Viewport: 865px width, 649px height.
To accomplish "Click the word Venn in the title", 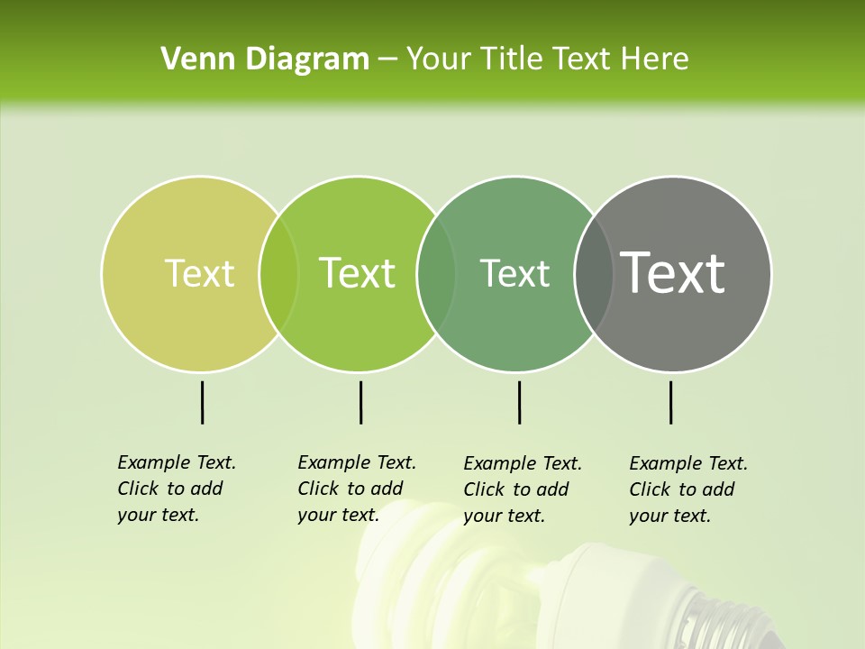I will [190, 59].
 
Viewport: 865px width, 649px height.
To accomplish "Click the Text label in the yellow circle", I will [199, 273].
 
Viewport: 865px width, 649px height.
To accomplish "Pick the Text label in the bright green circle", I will [358, 273].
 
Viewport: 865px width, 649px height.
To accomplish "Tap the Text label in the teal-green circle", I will [514, 273].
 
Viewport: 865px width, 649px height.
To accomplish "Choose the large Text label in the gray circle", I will [673, 272].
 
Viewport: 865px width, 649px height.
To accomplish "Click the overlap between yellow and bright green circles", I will [278, 273].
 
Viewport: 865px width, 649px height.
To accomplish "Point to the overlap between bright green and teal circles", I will [436, 273].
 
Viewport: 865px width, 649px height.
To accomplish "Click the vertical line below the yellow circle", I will [202, 402].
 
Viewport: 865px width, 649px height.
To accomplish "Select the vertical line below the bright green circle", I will [360, 402].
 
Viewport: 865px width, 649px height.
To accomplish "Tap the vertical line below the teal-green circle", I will [519, 402].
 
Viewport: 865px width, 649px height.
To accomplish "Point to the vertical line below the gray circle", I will [670, 402].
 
